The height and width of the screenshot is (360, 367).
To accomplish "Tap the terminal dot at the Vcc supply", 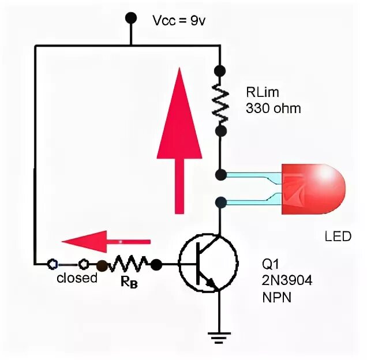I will (131, 18).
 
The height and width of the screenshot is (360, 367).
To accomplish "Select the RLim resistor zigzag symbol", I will (220, 100).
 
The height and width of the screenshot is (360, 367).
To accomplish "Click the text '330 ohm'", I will (273, 108).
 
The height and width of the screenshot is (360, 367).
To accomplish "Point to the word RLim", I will (261, 93).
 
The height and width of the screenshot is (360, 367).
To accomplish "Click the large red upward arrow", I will (180, 138).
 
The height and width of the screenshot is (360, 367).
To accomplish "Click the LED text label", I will (338, 237).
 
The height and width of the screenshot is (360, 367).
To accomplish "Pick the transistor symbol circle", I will (207, 264).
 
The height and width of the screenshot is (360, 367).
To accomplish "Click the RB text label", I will (130, 283).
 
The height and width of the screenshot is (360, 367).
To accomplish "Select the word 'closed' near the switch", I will (77, 278).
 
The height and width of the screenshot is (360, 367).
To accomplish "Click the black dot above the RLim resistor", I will (219, 71).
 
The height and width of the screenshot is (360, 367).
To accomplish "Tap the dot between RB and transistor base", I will (156, 265).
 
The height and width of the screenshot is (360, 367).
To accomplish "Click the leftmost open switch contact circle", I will (53, 265).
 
